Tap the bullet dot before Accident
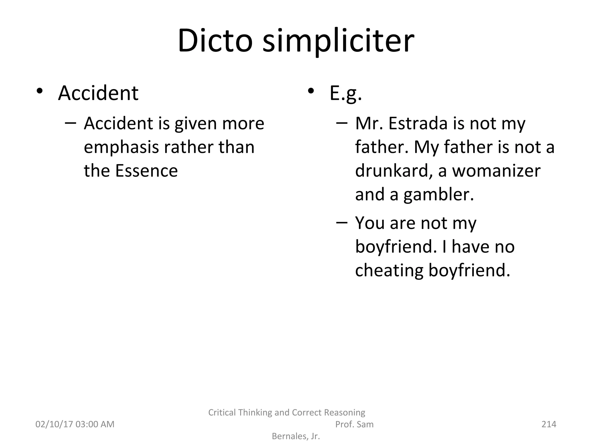tap(40, 91)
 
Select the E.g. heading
tap(346, 93)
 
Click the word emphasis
tap(121, 147)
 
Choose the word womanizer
tap(496, 171)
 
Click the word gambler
tap(439, 195)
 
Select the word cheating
tap(389, 270)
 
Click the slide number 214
tap(549, 424)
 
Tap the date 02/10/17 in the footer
tap(54, 424)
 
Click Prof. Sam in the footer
tap(354, 424)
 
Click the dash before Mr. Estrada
tap(342, 123)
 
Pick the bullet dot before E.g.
tap(311, 91)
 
